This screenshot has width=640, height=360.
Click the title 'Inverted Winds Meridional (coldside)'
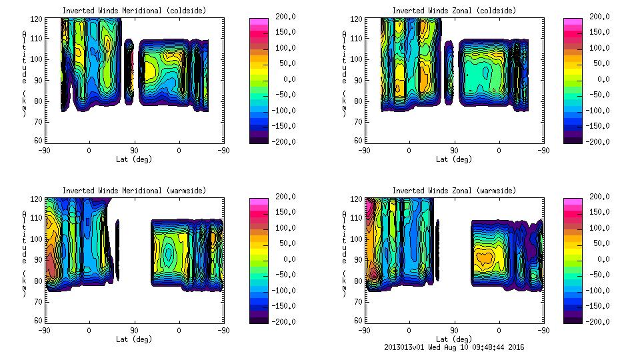pyautogui.click(x=134, y=11)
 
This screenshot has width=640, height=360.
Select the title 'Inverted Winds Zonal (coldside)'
pyautogui.click(x=454, y=11)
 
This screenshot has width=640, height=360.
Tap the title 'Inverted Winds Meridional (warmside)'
pyautogui.click(x=134, y=191)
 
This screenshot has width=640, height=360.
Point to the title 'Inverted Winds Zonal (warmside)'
pyautogui.click(x=454, y=191)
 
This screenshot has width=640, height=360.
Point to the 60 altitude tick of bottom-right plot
pyautogui.click(x=359, y=320)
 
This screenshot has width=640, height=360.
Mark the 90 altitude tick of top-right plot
pyautogui.click(x=359, y=80)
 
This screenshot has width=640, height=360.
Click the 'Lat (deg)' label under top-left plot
pyautogui.click(x=133, y=159)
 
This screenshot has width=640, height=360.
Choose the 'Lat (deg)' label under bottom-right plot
pyautogui.click(x=453, y=339)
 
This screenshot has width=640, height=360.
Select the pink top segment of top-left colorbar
pyautogui.click(x=258, y=22)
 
